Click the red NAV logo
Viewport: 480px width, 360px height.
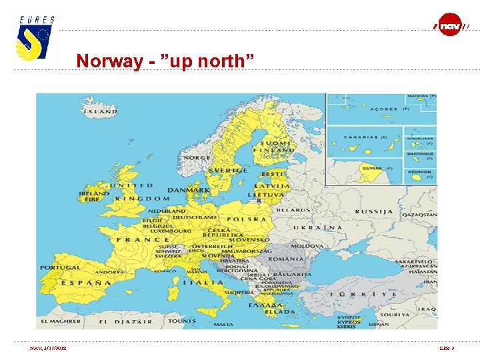coord(450,25)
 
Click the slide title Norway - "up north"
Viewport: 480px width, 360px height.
coord(165,61)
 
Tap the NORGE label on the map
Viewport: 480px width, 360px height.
coord(197,159)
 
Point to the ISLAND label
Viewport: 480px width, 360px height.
coord(100,111)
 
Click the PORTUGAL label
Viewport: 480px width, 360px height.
coord(60,267)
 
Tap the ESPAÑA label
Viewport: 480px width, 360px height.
coord(86,283)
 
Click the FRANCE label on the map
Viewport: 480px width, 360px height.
coord(143,240)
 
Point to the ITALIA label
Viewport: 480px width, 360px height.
coord(204,283)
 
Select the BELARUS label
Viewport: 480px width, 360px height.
coord(293,209)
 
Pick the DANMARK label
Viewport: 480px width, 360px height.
coord(189,190)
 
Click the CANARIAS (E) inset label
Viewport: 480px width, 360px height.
coord(366,137)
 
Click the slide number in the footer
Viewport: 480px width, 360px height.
coord(447,348)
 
